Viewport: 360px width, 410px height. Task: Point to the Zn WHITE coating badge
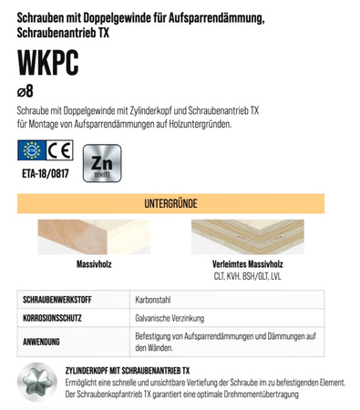pos(102,162)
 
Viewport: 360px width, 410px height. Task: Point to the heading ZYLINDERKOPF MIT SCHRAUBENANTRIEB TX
pos(129,370)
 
